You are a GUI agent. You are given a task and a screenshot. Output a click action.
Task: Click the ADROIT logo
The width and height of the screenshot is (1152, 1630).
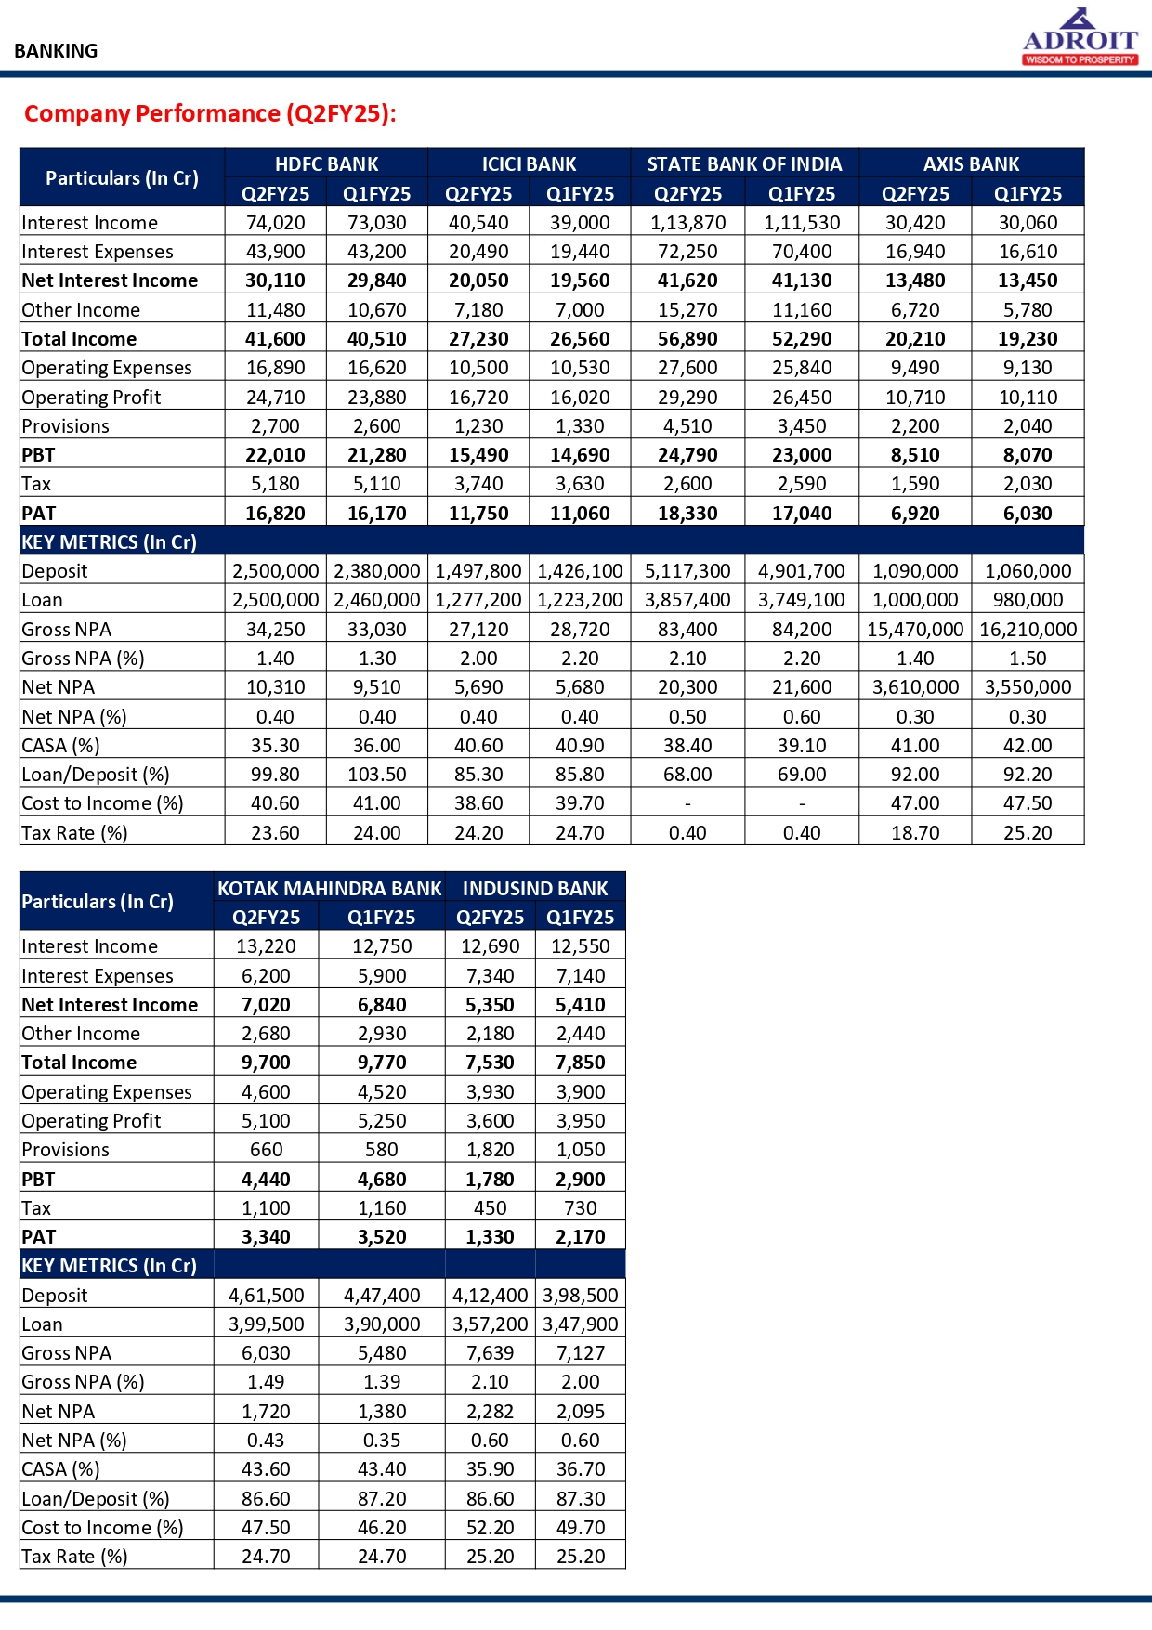pos(1080,37)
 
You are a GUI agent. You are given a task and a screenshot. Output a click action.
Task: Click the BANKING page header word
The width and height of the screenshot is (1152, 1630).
pos(56,51)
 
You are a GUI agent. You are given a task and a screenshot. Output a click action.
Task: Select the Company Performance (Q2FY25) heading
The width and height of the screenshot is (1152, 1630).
pos(210,113)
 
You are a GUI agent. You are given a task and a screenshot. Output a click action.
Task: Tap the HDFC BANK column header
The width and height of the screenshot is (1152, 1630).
pos(326,164)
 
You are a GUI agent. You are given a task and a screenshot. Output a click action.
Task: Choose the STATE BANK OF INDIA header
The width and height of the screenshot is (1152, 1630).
pos(744,164)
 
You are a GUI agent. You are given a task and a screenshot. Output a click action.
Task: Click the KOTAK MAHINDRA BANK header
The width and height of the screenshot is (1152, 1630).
pos(329,888)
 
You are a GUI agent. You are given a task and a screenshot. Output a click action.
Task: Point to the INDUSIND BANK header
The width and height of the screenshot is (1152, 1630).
pos(535,888)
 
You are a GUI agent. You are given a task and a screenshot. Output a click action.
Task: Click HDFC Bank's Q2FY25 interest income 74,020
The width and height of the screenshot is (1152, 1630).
pos(275,223)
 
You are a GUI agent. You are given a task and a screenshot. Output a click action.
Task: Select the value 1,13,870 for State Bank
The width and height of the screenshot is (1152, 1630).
pos(687,223)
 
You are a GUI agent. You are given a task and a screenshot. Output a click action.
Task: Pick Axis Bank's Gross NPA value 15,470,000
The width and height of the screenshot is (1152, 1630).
pos(915,630)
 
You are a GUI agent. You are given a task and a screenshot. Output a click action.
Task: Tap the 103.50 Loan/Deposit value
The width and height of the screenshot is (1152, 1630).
pos(377,775)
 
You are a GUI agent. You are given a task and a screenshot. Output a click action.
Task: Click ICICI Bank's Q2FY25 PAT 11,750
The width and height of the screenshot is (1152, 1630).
pos(478,514)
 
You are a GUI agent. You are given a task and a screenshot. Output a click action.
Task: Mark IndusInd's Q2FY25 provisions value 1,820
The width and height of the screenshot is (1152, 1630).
pos(490,1150)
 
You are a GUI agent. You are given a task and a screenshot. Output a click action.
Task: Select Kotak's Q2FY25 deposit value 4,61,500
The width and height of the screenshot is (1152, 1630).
pos(266,1295)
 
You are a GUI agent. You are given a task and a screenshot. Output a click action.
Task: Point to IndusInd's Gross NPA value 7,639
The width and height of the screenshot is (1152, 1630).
pos(490,1353)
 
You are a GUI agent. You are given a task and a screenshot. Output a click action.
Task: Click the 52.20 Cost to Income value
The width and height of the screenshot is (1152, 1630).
pos(490,1528)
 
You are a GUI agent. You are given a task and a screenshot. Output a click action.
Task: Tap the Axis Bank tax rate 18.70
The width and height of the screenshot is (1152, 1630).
pos(915,833)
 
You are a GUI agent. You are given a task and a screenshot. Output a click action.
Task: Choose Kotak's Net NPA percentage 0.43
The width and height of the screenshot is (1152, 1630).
pos(266,1441)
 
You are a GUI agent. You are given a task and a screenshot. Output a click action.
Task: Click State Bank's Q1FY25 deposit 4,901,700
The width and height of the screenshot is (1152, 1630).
pos(802,571)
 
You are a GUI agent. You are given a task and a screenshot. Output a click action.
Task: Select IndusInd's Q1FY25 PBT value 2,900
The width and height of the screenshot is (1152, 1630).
pos(581,1180)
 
